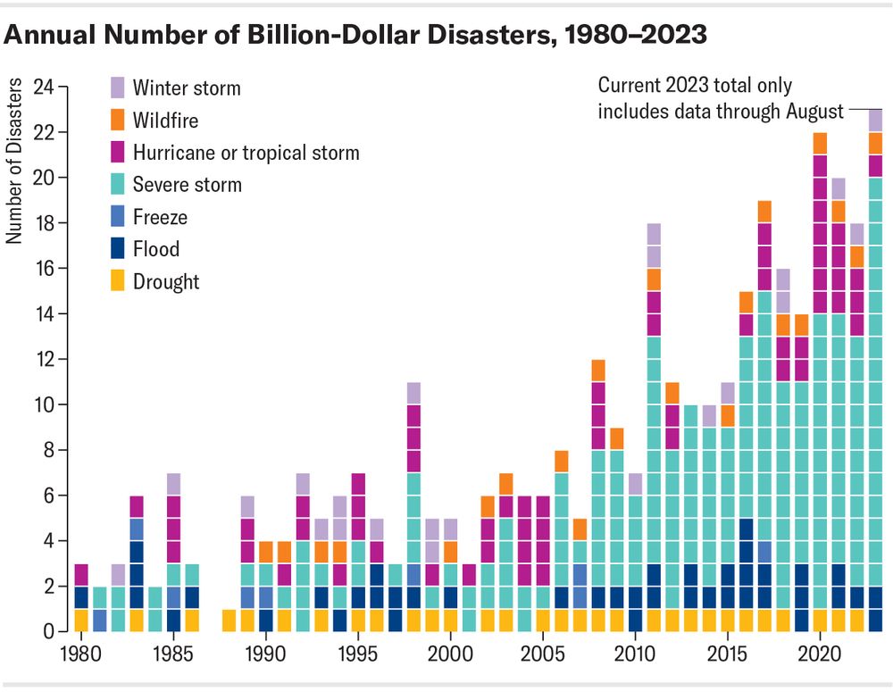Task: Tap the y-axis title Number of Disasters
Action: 14,161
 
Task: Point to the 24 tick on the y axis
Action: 42,87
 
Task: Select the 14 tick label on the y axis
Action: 42,314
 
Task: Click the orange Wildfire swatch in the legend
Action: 117,121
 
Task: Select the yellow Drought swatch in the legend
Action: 117,282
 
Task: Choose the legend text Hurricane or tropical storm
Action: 246,153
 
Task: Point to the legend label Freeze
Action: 160,217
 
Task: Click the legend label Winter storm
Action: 187,88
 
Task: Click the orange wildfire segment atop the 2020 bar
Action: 820,144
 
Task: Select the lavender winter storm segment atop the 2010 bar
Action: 635,484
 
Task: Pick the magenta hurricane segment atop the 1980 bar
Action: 81,574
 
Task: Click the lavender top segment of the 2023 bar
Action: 875,121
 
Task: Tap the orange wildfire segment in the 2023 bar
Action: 875,143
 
